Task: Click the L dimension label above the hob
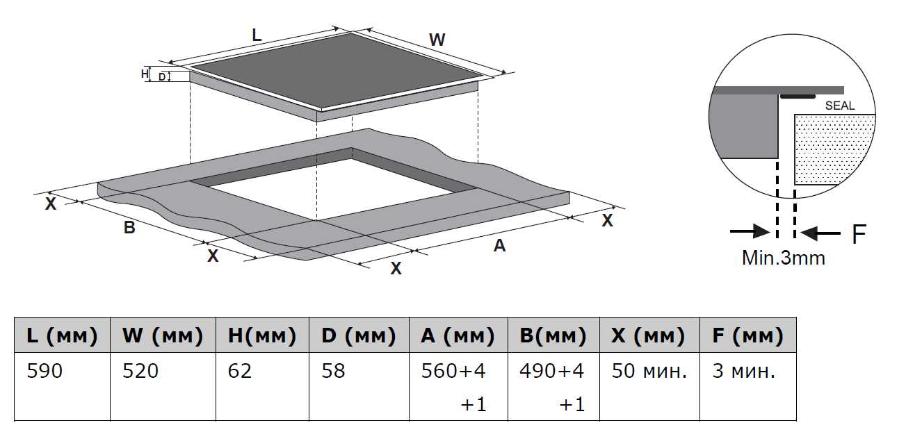pyautogui.click(x=257, y=35)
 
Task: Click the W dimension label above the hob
pyautogui.click(x=437, y=40)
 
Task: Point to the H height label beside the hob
pyautogui.click(x=145, y=74)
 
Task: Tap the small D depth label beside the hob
pyautogui.click(x=161, y=77)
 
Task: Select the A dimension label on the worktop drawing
pyautogui.click(x=499, y=245)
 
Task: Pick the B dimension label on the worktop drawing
pyautogui.click(x=129, y=227)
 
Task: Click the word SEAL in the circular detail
pyautogui.click(x=839, y=106)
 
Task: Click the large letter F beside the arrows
pyautogui.click(x=859, y=235)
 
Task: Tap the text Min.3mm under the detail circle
pyautogui.click(x=784, y=258)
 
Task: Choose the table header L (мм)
pyautogui.click(x=61, y=336)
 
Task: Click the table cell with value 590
pyautogui.click(x=45, y=372)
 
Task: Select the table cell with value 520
pyautogui.click(x=140, y=372)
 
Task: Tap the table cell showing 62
pyautogui.click(x=240, y=372)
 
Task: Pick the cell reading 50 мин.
pyautogui.click(x=649, y=372)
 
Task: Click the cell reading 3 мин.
pyautogui.click(x=743, y=372)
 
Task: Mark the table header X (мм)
pyautogui.click(x=648, y=336)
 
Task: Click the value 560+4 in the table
pyautogui.click(x=453, y=372)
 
